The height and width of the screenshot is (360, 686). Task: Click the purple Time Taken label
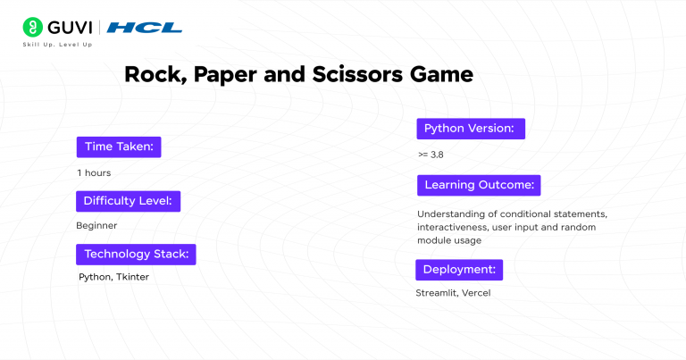119,147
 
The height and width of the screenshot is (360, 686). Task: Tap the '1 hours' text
94,172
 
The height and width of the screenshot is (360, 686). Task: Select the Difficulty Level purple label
129,200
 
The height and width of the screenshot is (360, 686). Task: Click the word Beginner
96,225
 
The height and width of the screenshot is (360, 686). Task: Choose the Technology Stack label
136,254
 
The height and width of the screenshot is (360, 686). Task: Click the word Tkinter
132,277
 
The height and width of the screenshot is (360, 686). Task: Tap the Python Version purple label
470,129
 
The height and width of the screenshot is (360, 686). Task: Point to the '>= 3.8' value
431,155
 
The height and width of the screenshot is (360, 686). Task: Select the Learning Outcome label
479,185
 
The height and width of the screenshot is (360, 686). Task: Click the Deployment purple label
459,269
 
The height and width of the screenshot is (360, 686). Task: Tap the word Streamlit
437,293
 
